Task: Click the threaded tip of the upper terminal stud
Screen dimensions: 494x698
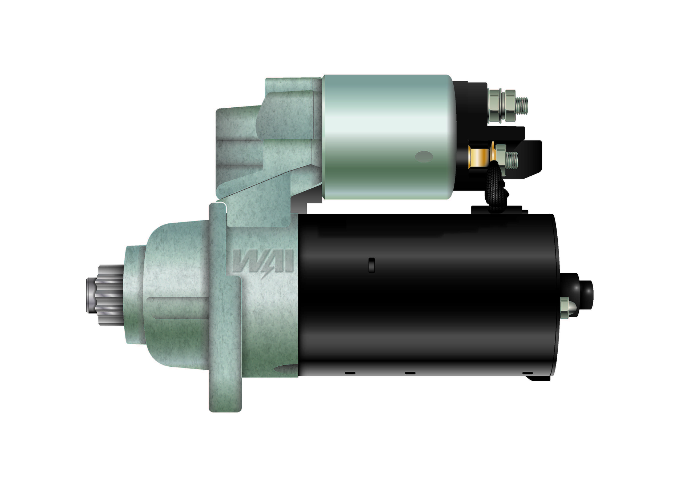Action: [x=522, y=106]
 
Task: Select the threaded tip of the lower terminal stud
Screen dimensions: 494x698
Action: [x=512, y=160]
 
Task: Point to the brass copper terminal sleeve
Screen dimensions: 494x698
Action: [x=479, y=157]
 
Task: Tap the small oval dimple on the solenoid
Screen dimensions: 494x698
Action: [x=424, y=157]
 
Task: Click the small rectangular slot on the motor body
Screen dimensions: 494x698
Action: [x=372, y=265]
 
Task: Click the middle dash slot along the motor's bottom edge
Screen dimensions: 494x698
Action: [x=410, y=373]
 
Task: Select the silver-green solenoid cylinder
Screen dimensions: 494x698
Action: [x=388, y=137]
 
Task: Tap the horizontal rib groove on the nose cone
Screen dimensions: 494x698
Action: [x=178, y=307]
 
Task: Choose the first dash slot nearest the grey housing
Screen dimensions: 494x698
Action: [x=350, y=373]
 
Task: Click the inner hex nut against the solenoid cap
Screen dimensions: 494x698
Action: [x=495, y=106]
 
